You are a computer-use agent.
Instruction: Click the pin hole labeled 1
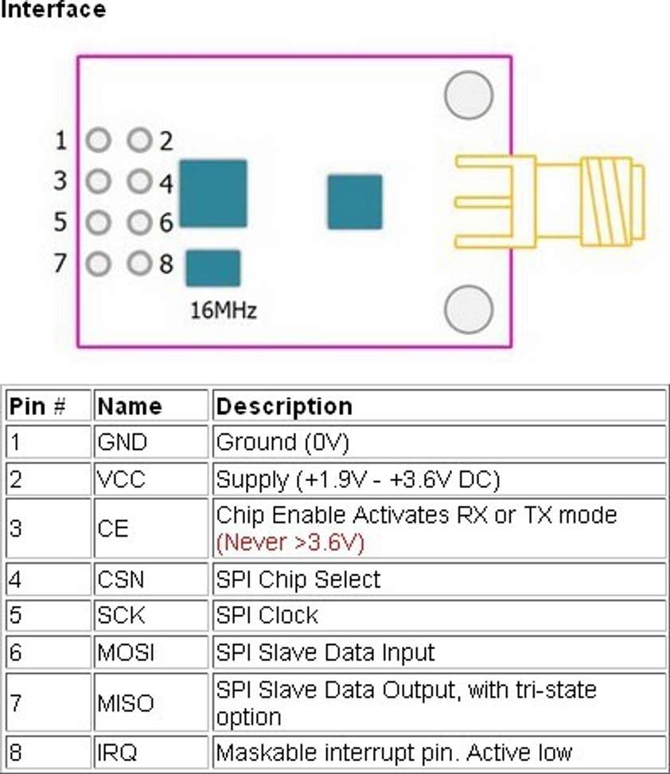pyautogui.click(x=99, y=141)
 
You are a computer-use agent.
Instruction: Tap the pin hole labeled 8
pyautogui.click(x=139, y=262)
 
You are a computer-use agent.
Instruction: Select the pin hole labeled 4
pyautogui.click(x=139, y=182)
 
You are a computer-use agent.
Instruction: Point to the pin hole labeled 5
pyautogui.click(x=99, y=222)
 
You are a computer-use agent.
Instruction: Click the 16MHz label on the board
pyautogui.click(x=224, y=310)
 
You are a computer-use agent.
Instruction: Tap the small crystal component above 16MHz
pyautogui.click(x=212, y=268)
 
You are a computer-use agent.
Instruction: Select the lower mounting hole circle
pyautogui.click(x=469, y=311)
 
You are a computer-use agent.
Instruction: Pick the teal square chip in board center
pyautogui.click(x=355, y=202)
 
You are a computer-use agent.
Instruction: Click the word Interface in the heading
pyautogui.click(x=53, y=10)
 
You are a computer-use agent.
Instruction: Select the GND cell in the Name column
pyautogui.click(x=122, y=442)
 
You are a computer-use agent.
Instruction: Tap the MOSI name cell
pyautogui.click(x=126, y=653)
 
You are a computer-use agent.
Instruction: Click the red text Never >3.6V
pyautogui.click(x=290, y=543)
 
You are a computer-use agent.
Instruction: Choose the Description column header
pyautogui.click(x=284, y=406)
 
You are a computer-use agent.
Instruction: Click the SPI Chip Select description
pyautogui.click(x=298, y=579)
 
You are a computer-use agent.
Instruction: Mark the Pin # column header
pyautogui.click(x=37, y=406)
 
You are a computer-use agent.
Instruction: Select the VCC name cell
pyautogui.click(x=122, y=480)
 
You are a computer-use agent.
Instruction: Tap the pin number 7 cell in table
pyautogui.click(x=16, y=703)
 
